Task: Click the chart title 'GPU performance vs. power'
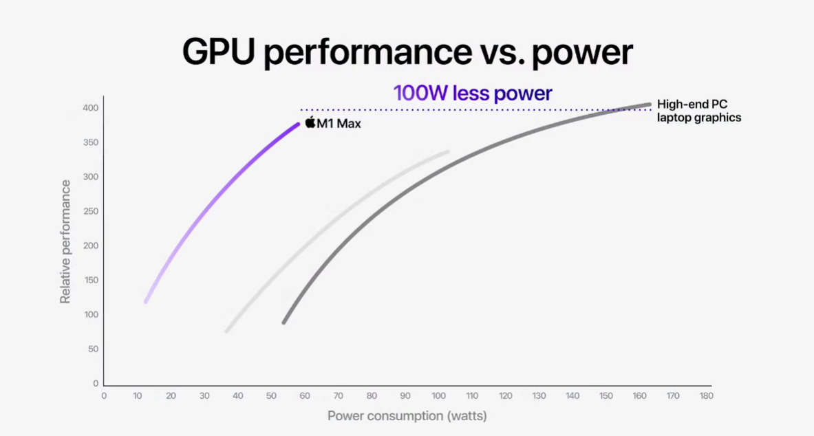pos(407,53)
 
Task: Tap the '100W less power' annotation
pos(472,94)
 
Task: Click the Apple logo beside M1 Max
pos(310,122)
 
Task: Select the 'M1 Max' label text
pos(339,124)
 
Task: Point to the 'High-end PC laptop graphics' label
pos(698,111)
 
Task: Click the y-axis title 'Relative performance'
pos(65,241)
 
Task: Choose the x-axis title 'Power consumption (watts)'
pos(407,415)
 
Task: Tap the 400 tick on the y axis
pos(92,108)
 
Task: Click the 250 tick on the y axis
pos(92,211)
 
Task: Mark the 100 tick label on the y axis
pos(92,314)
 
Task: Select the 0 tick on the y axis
pos(96,383)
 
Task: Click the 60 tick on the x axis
pos(305,395)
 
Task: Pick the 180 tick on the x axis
pos(706,395)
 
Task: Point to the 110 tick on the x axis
pos(472,395)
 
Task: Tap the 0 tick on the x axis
pos(104,395)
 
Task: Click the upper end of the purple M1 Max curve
pos(298,124)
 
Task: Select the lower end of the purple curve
pos(146,301)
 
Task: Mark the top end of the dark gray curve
pos(648,105)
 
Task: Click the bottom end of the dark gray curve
pos(284,321)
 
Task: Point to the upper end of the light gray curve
pos(447,152)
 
